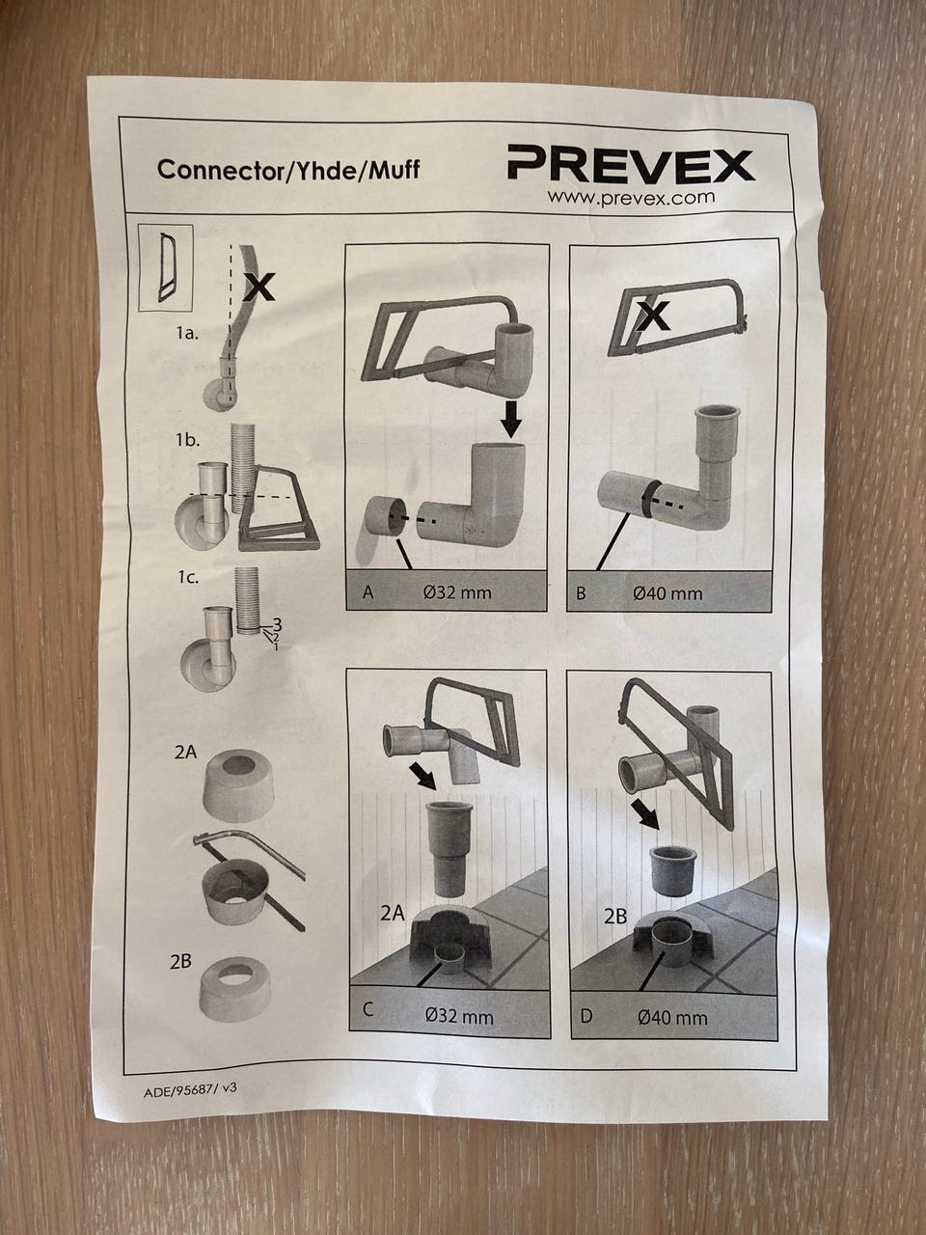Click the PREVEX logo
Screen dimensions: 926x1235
click(x=631, y=164)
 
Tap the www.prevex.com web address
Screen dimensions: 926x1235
click(x=632, y=198)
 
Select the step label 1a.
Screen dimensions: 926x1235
click(x=187, y=333)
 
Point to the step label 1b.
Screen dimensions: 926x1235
click(x=187, y=439)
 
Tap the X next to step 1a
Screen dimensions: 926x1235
click(x=259, y=287)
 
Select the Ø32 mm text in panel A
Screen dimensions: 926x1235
click(x=457, y=592)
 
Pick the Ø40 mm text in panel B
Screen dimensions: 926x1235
click(x=667, y=593)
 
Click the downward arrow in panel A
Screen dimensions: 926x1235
click(x=510, y=418)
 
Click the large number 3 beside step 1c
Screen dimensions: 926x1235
click(x=276, y=624)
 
